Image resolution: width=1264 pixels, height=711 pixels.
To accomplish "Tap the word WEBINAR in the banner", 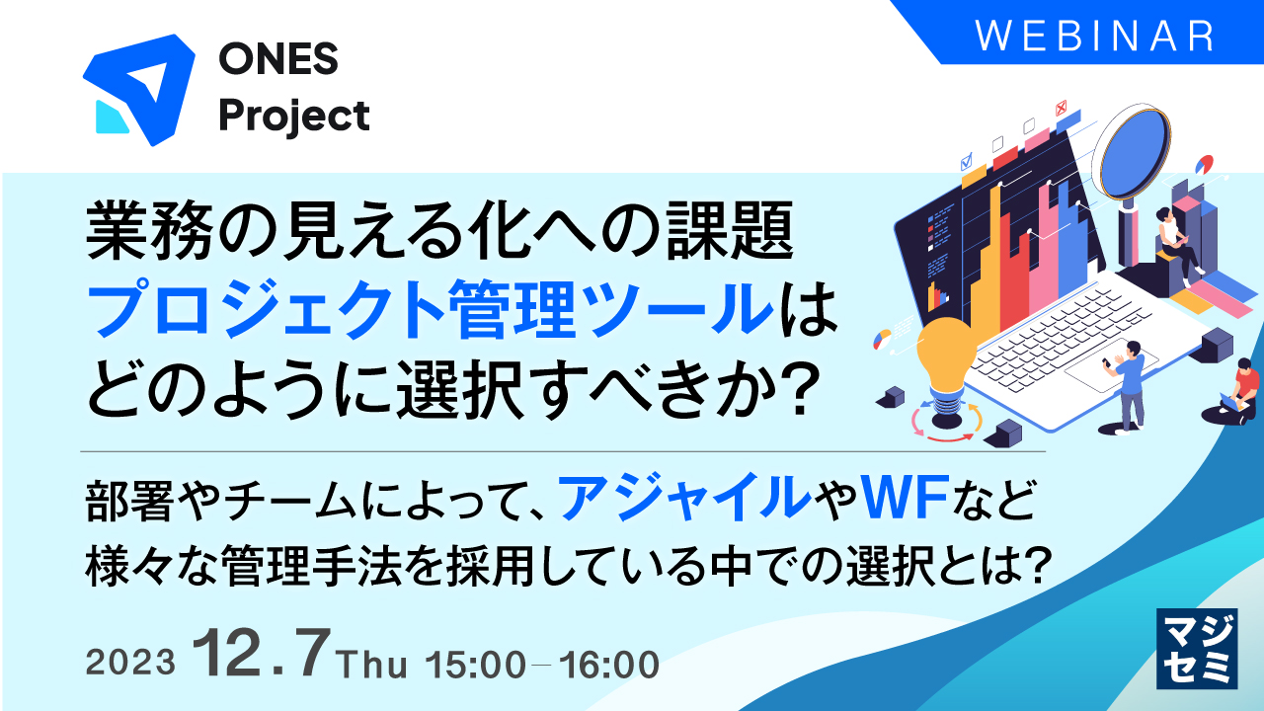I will coord(1095,36).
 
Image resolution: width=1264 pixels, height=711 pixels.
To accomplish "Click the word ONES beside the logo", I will coord(278,61).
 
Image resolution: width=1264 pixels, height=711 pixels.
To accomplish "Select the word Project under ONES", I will coord(294,117).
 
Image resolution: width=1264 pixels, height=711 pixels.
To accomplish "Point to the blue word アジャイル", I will coord(680,499).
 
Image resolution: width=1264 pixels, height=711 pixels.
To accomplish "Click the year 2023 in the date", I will coord(131,664).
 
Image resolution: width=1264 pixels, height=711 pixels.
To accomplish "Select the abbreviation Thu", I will coord(371,665).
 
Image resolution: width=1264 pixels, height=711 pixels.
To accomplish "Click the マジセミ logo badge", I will coord(1196,647).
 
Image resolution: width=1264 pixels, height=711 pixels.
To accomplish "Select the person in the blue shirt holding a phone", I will coord(1129,381).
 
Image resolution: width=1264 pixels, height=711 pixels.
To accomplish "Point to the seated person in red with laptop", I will coord(1242,389).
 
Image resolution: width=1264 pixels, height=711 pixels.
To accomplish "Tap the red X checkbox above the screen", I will coord(1062,108).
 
